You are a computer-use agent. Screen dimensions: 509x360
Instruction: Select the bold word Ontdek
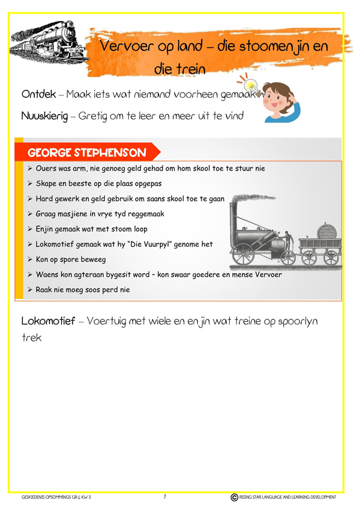(x=38, y=94)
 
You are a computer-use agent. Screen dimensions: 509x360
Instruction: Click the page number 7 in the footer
(x=164, y=497)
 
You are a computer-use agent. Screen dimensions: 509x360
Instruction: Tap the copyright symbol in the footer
(x=234, y=497)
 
